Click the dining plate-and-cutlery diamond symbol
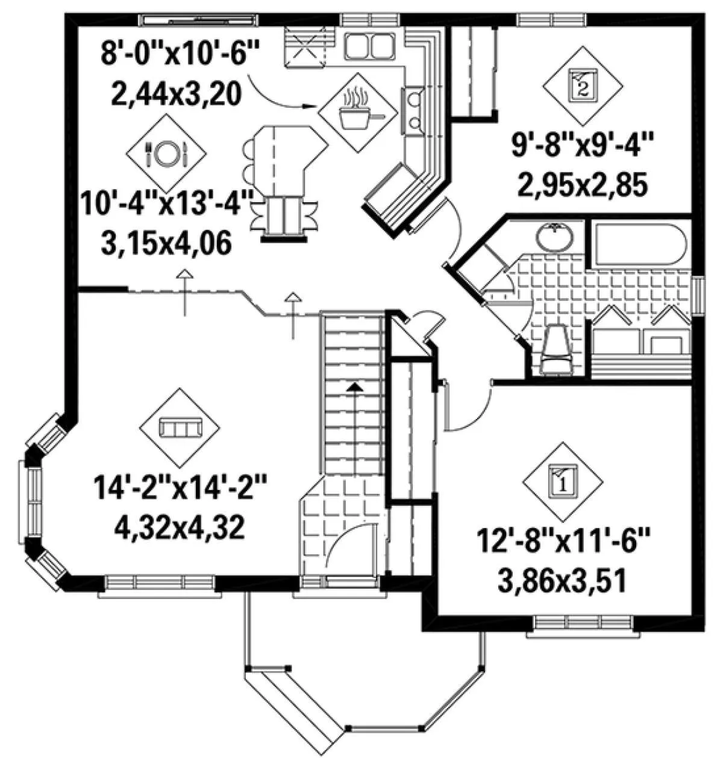pos(166,154)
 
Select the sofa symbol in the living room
pos(180,427)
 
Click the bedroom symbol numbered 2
pos(583,86)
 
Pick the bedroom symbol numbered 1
pos(563,482)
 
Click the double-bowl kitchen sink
pos(369,46)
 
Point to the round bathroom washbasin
pos(555,237)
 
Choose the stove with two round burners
pos(413,111)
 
